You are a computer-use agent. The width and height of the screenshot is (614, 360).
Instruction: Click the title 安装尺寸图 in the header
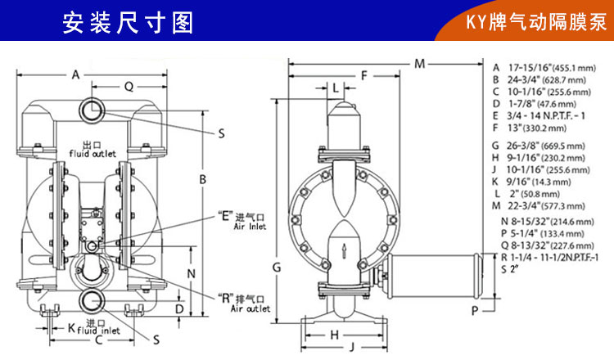pyautogui.click(x=128, y=23)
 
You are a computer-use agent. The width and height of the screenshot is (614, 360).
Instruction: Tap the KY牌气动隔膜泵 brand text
pyautogui.click(x=536, y=22)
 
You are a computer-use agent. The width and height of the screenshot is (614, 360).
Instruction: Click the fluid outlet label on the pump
pyautogui.click(x=93, y=154)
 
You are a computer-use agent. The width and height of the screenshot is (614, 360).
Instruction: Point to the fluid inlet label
pyautogui.click(x=99, y=331)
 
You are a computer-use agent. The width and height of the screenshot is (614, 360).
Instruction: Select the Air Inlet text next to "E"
pyautogui.click(x=250, y=226)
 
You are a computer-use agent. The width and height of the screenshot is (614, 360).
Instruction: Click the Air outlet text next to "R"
pyautogui.click(x=251, y=308)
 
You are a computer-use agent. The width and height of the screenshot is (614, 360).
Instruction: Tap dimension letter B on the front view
pyautogui.click(x=202, y=180)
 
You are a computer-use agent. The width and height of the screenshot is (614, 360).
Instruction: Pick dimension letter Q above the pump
pyautogui.click(x=129, y=87)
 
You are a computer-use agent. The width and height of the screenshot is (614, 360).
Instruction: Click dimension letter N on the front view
pyautogui.click(x=191, y=274)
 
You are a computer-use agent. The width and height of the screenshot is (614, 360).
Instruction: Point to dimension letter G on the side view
pyautogui.click(x=277, y=268)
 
